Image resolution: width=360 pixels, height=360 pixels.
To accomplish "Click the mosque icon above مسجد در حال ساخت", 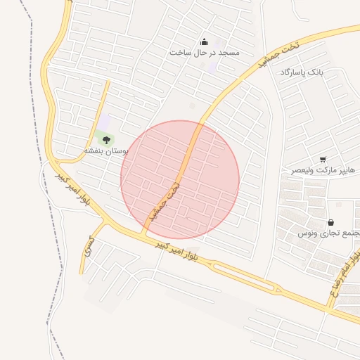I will pyautogui.click(x=205, y=41).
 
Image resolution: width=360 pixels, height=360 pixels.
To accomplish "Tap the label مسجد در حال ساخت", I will pyautogui.click(x=205, y=53).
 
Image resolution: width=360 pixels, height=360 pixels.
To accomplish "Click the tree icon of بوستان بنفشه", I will pyautogui.click(x=107, y=140).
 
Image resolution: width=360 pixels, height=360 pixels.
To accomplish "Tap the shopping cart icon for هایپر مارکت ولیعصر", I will pyautogui.click(x=323, y=160).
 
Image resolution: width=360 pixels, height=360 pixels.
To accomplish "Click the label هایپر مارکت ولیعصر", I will pyautogui.click(x=324, y=171).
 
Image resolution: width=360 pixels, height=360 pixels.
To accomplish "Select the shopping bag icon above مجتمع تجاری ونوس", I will pyautogui.click(x=330, y=222).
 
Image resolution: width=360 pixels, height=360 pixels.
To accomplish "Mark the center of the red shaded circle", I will pyautogui.click(x=180, y=179).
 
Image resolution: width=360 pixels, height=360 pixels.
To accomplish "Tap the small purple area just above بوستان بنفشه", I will pyautogui.click(x=104, y=123).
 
